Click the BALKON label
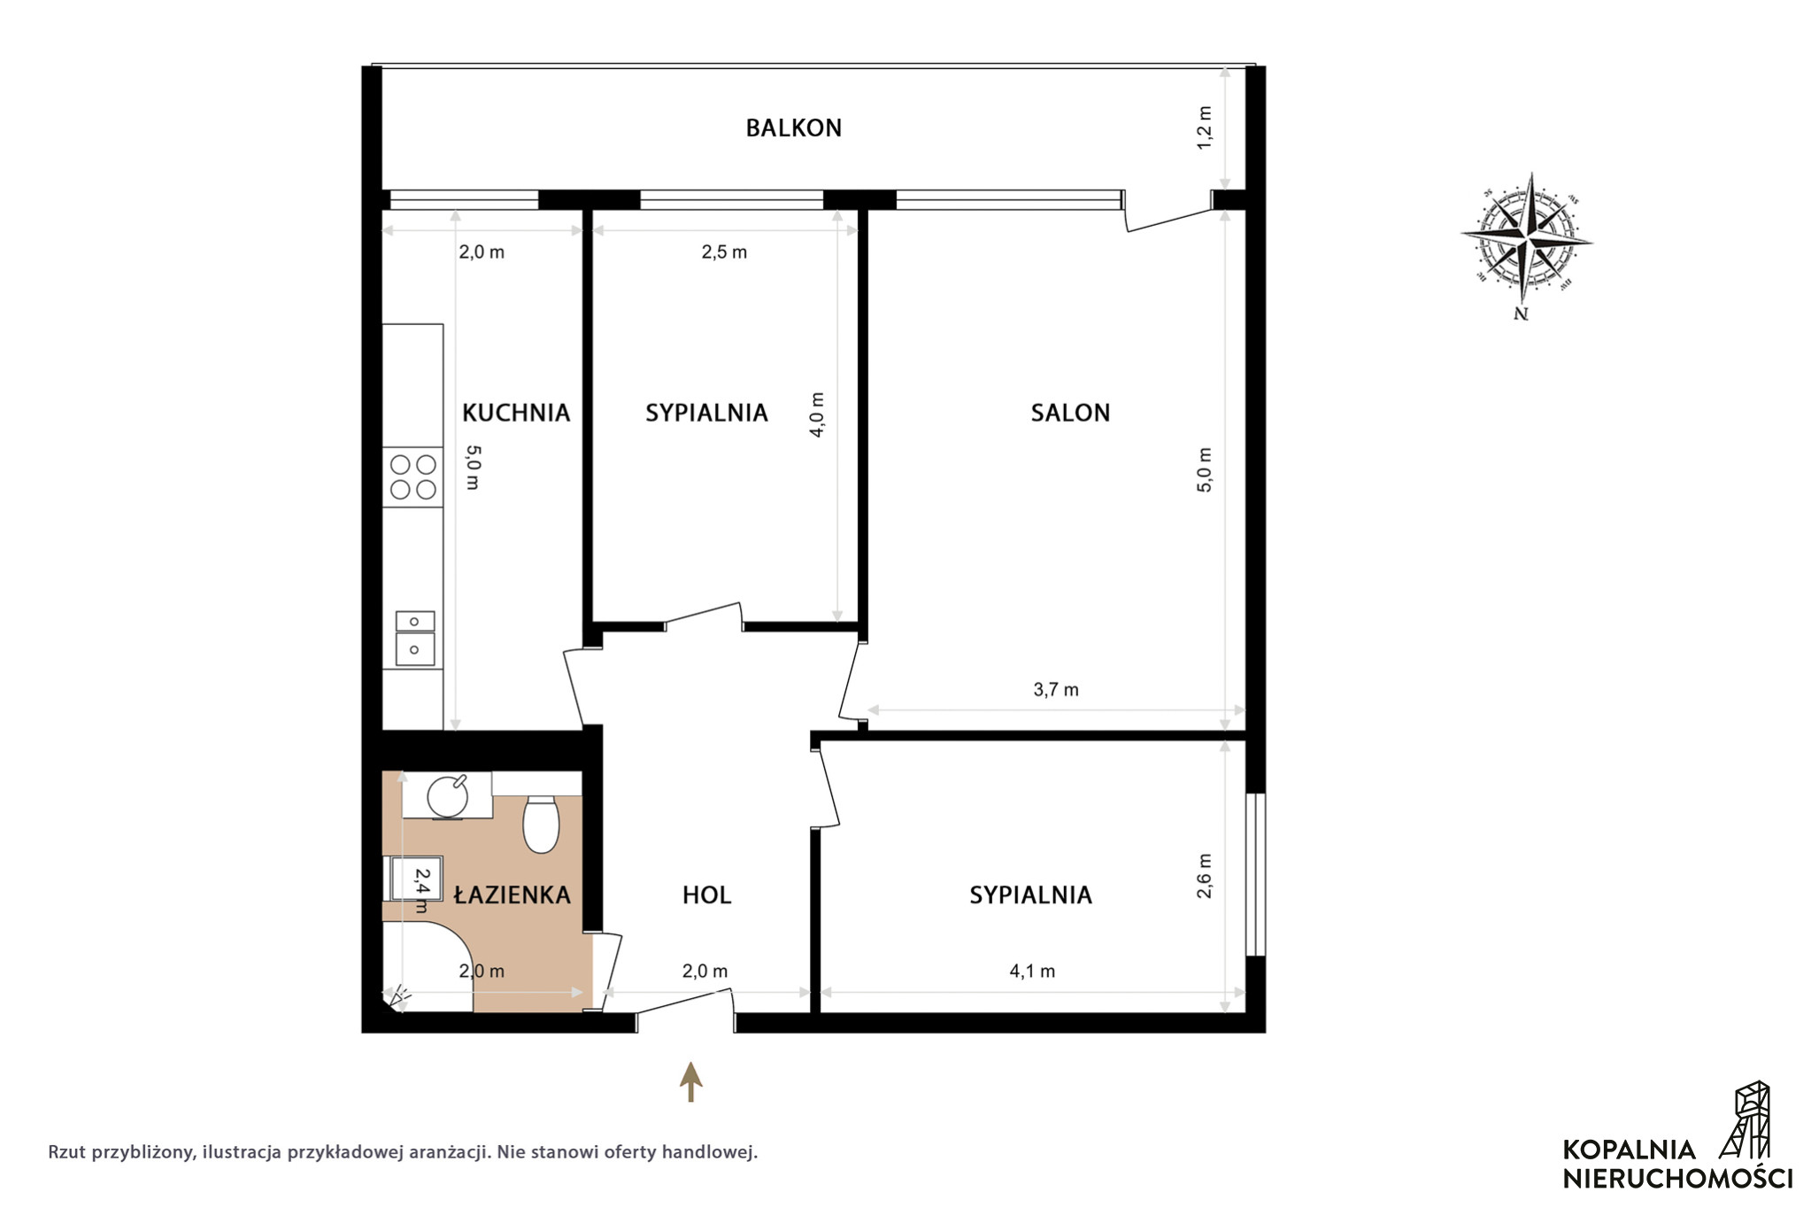(793, 128)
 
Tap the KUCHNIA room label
(516, 413)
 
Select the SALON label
(1070, 413)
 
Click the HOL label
(706, 895)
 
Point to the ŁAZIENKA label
(512, 894)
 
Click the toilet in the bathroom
(541, 824)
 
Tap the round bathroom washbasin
(448, 795)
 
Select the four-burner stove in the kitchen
(412, 476)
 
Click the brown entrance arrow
(690, 1081)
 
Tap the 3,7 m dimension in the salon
(1056, 690)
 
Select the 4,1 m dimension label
(1032, 972)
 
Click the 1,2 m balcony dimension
(1205, 128)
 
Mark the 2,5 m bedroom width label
(724, 252)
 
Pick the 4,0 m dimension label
(817, 414)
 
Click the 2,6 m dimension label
(1205, 876)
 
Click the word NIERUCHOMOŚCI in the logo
(1677, 1179)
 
